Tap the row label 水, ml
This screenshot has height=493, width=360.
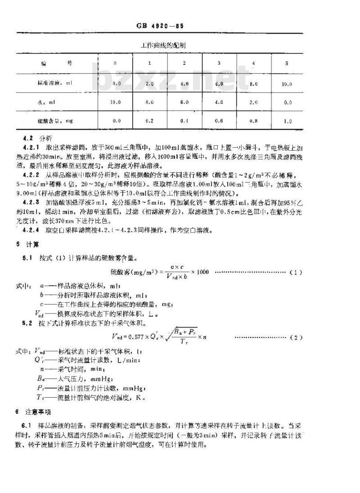tap(44, 102)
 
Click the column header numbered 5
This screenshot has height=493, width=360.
tap(287, 63)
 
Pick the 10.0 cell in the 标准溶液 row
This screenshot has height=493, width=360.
tap(287, 84)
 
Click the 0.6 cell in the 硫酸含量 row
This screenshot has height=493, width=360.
tap(219, 121)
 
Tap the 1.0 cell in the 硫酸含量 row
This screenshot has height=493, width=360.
tap(287, 121)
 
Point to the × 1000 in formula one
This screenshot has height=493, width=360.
tap(200, 273)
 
